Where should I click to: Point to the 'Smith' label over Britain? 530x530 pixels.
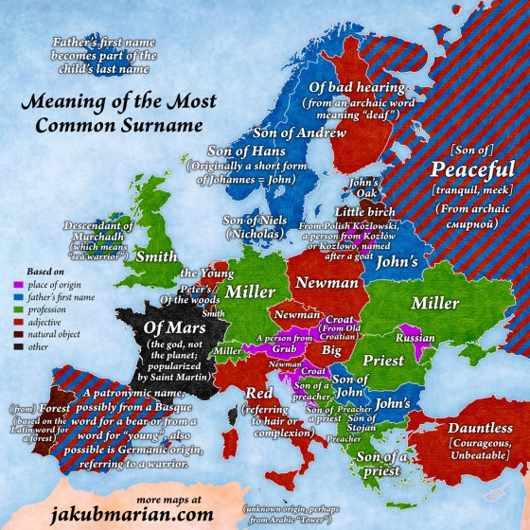point(153,256)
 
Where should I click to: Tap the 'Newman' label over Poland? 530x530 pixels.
point(326,281)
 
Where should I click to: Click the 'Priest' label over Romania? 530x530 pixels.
point(383,360)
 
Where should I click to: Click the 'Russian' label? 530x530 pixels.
point(415,337)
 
